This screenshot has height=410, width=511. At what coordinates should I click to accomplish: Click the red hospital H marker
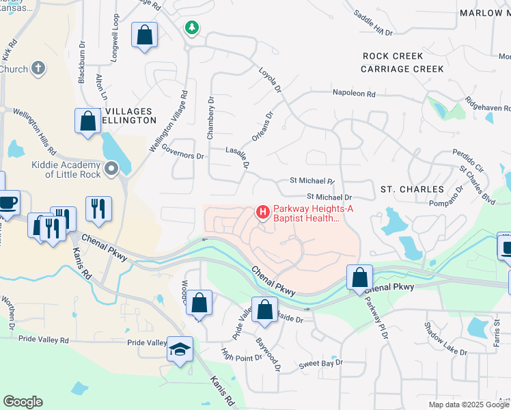pyautogui.click(x=262, y=213)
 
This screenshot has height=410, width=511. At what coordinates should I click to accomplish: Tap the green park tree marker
pyautogui.click(x=193, y=28)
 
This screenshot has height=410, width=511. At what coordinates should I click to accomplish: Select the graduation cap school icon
pyautogui.click(x=180, y=349)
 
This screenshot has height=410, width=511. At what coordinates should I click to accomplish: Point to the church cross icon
pyautogui.click(x=39, y=68)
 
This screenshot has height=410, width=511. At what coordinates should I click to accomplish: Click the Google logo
pyautogui.click(x=23, y=402)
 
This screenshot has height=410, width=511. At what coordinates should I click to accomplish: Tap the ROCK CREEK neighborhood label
pyautogui.click(x=393, y=56)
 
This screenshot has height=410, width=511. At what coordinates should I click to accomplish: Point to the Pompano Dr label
pyautogui.click(x=447, y=200)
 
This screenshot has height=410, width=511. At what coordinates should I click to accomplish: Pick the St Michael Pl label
pyautogui.click(x=312, y=182)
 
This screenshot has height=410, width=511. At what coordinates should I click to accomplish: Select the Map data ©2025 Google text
pyautogui.click(x=469, y=405)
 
